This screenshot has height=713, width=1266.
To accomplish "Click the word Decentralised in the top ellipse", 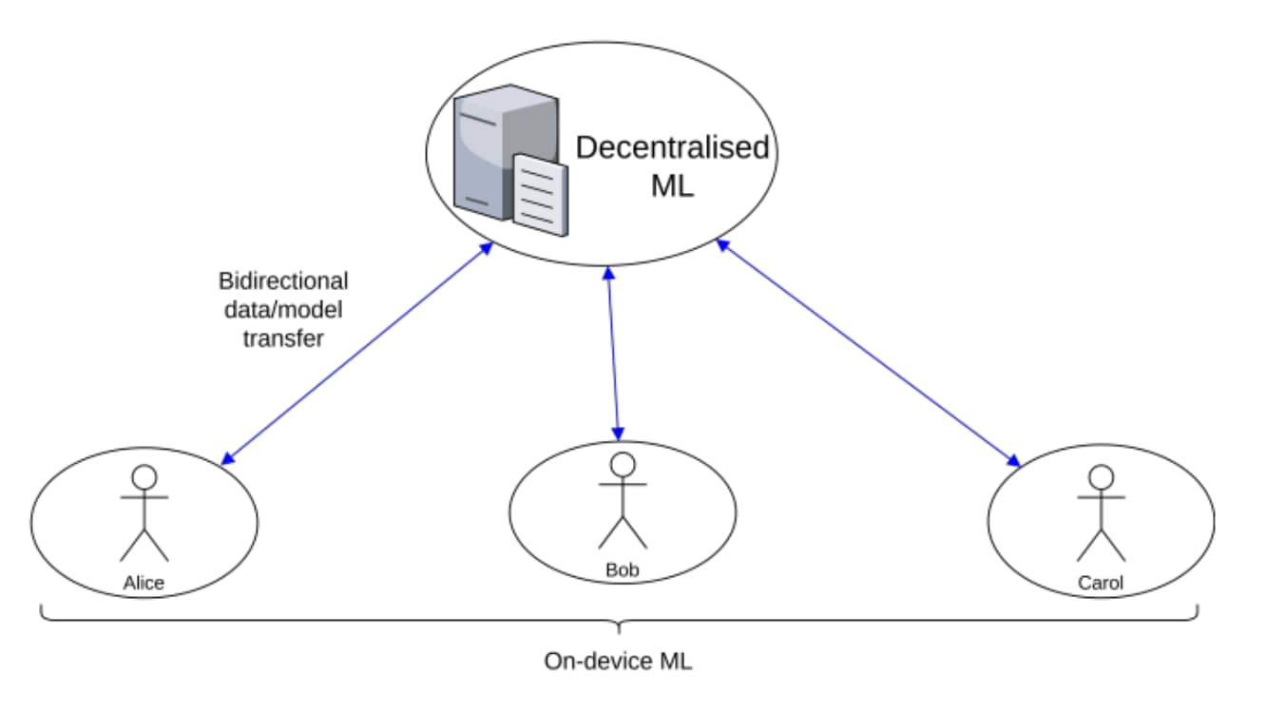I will [x=672, y=148].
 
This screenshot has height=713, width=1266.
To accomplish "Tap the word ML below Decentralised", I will [x=672, y=185].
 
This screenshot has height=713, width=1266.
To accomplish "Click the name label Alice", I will [x=144, y=583].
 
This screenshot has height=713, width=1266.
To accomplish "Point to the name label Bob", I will [x=622, y=571].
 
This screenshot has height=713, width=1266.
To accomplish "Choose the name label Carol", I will [x=1101, y=583].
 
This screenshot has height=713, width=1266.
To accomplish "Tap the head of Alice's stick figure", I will [x=144, y=476].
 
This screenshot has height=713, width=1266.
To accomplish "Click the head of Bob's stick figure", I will [x=622, y=464].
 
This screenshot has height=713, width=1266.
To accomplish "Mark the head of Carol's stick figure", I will [x=1101, y=476].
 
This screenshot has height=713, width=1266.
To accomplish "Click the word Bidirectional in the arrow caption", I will [x=283, y=281].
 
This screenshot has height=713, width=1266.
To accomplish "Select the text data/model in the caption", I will [x=283, y=310].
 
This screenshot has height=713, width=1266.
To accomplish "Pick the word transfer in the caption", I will [x=283, y=338].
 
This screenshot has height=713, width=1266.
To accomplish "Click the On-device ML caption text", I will [x=618, y=662].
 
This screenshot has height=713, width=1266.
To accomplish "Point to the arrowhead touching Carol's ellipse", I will [x=1014, y=463].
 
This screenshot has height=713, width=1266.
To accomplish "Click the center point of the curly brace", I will [x=619, y=628].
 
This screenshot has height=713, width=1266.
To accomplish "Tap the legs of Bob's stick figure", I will [x=622, y=532].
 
